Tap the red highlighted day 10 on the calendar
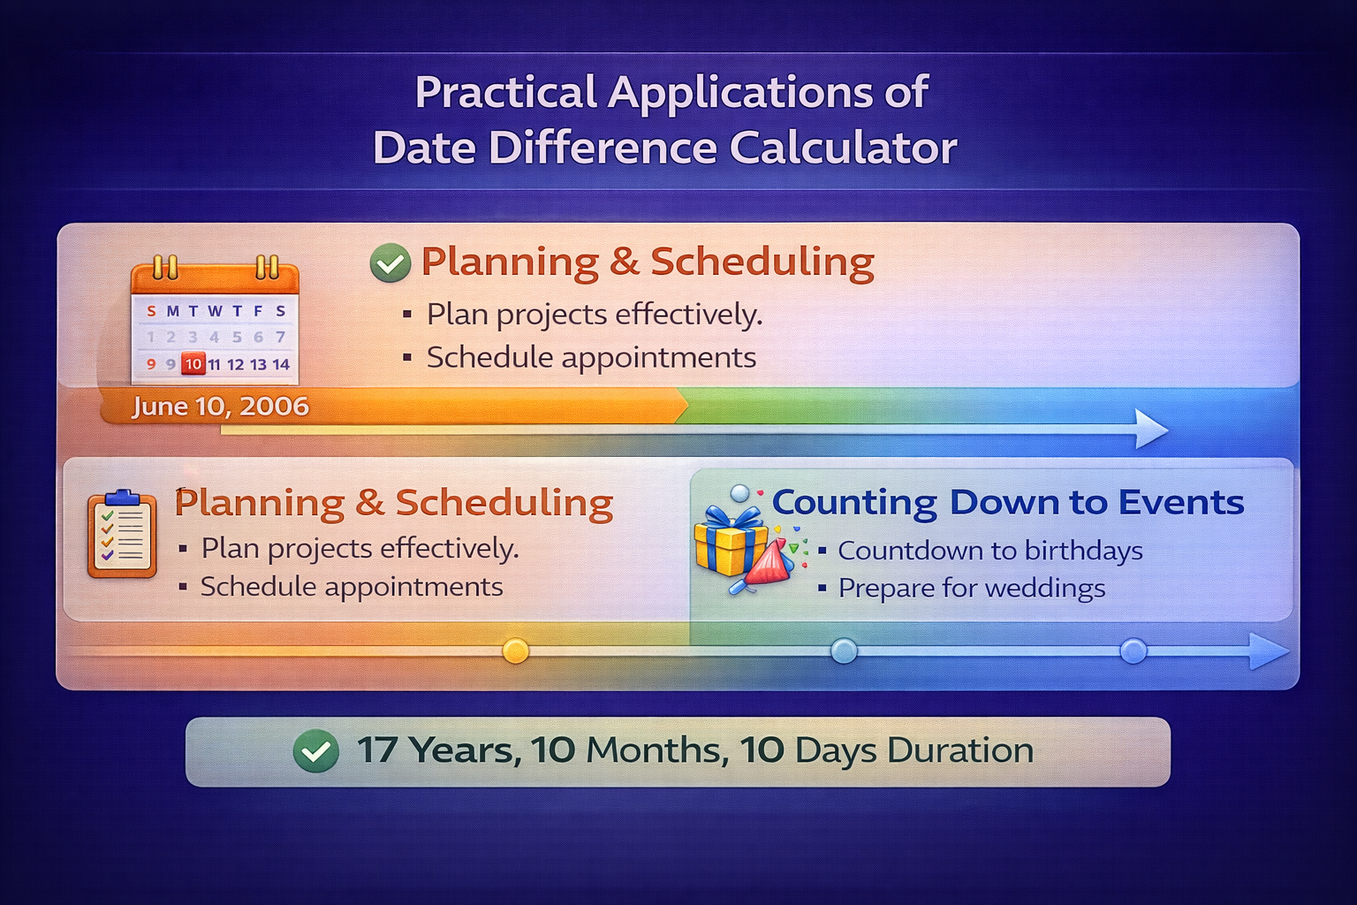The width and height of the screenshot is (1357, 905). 193,363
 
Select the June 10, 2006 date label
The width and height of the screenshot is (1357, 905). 220,407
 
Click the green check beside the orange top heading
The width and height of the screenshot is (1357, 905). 390,263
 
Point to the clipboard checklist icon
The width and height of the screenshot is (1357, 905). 122,535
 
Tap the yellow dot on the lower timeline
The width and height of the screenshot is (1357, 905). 515,651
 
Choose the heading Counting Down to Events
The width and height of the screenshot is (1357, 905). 1007,502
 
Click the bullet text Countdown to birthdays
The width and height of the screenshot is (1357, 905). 989,551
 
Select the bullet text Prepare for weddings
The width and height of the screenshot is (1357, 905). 971,589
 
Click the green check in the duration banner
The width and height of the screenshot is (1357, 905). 315,751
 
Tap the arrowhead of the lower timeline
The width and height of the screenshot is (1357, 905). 1270,651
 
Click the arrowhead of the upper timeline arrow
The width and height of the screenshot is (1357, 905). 1150,429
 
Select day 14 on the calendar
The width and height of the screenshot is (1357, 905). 281,364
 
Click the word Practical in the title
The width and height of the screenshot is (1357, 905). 506,92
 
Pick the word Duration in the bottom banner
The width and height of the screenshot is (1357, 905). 960,751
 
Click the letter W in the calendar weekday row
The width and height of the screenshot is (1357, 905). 215,311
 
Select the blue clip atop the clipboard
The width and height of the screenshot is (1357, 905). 122,496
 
